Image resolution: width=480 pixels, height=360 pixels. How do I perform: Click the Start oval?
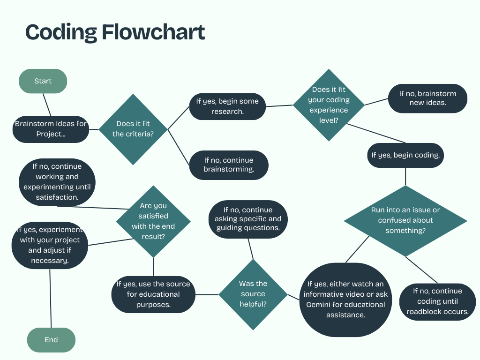point(43,81)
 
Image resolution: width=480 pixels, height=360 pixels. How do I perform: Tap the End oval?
point(51,340)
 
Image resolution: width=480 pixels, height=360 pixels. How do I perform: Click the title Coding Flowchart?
point(115,32)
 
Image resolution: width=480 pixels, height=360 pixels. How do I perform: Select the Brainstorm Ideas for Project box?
point(51,129)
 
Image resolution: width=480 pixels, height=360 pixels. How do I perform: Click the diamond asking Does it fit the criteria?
point(133,129)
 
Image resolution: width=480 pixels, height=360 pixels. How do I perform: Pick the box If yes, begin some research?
point(227,106)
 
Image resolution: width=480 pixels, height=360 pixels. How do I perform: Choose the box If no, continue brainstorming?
point(229,165)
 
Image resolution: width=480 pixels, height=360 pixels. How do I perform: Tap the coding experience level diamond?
point(329,105)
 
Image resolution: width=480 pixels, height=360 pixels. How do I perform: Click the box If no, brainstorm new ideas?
point(427,98)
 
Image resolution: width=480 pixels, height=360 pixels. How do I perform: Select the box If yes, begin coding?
point(405,155)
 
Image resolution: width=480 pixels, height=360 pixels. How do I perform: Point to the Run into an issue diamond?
point(405,220)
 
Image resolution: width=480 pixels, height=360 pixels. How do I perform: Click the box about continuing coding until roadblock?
point(437,301)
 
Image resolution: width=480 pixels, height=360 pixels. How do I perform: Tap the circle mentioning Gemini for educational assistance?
point(345,299)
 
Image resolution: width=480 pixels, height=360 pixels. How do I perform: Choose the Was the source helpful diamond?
point(253,294)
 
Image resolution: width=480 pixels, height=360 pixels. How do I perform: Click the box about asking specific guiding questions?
point(248,219)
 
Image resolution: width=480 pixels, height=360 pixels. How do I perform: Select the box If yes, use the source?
point(153,294)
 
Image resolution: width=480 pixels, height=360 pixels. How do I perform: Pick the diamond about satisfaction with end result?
point(153,221)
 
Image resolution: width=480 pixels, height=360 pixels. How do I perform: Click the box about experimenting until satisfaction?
point(57,182)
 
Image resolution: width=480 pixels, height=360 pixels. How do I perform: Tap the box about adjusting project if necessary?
point(50,245)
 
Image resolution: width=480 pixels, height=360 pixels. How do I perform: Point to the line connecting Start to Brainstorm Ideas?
point(46,104)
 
